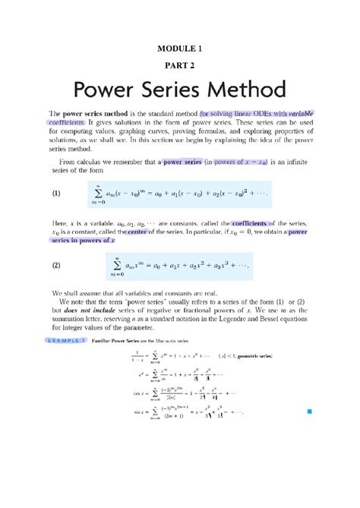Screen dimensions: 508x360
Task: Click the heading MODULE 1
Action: [x=180, y=48]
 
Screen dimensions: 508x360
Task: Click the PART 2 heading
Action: [x=180, y=66]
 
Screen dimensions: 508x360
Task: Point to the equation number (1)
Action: [x=56, y=193]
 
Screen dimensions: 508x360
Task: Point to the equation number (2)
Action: [x=56, y=266]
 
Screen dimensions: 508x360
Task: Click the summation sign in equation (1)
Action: [x=116, y=194]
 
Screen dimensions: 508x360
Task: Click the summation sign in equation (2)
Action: [x=116, y=267]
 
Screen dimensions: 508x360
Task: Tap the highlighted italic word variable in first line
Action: [x=298, y=112]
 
